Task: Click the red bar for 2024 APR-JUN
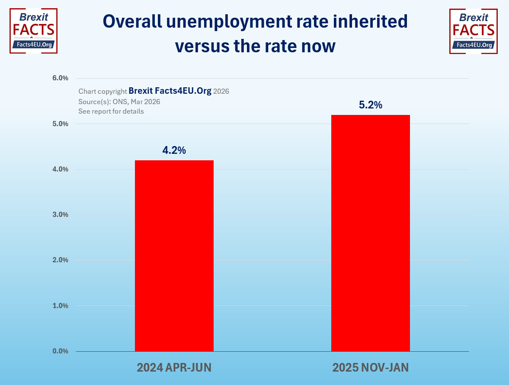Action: point(174,255)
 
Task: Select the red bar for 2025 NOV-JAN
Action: point(370,233)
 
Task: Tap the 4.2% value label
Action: point(174,150)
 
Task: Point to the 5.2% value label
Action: point(371,105)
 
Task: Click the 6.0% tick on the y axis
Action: point(60,78)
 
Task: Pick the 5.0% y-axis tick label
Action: point(60,124)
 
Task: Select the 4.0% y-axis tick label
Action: point(60,169)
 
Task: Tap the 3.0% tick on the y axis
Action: point(60,215)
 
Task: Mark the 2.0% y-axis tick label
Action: point(60,260)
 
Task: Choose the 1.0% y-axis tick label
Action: point(60,306)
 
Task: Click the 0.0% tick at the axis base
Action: point(60,351)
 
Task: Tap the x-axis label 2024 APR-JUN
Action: point(174,368)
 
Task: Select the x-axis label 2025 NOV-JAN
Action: point(370,368)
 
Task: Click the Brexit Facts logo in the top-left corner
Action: point(33,31)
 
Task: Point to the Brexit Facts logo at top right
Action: point(473,31)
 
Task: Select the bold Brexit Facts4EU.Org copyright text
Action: point(170,91)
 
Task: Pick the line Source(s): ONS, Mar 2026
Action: point(119,102)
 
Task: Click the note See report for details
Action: point(111,111)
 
